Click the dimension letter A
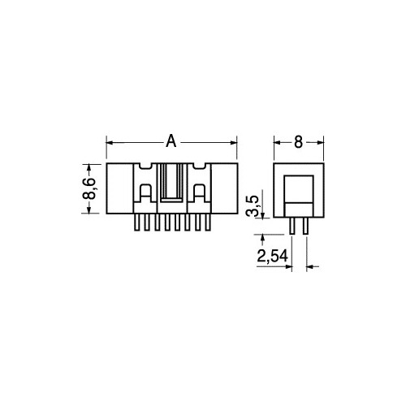(171, 140)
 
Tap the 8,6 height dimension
(89, 188)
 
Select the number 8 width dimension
(298, 142)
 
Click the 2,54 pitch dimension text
(272, 256)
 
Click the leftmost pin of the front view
(137, 222)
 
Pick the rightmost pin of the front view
(208, 222)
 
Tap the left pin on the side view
(292, 226)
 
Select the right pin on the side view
(305, 226)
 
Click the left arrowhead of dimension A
(110, 143)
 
